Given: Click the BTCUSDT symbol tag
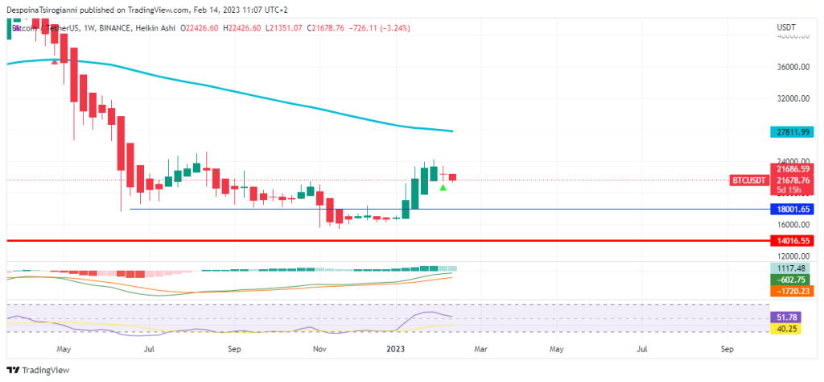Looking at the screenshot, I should click(x=748, y=181).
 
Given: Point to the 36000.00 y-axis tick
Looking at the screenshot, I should click(x=792, y=67).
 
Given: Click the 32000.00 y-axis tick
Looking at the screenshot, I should click(x=792, y=98).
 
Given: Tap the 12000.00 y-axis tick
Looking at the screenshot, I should click(x=792, y=255).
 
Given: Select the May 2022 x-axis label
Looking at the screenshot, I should click(x=64, y=350).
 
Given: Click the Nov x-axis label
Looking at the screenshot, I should click(x=319, y=350).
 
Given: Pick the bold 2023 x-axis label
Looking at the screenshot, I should click(x=395, y=350).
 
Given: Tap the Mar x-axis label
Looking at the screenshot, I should click(x=480, y=350).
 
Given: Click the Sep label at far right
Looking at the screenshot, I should click(x=727, y=350).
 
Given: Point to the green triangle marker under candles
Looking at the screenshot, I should click(x=443, y=188).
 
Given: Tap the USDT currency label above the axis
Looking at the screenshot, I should click(x=786, y=27).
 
